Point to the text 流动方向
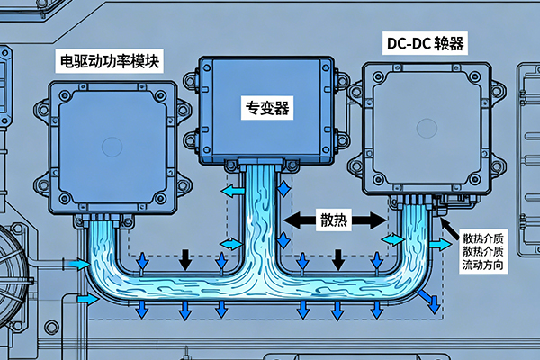click(486, 268)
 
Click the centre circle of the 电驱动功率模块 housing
click(112, 147)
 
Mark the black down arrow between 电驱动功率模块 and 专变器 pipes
click(185, 260)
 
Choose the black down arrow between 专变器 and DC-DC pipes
click(337, 260)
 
